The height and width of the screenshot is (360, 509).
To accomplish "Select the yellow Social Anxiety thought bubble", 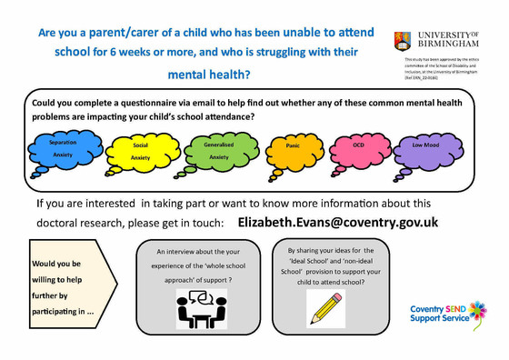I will point(140,150).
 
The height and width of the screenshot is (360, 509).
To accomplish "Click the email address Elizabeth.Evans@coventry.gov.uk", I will point(338,222).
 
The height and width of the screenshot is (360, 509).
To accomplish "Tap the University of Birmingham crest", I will point(402,39).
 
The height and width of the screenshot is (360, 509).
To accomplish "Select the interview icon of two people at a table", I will point(201,308).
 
